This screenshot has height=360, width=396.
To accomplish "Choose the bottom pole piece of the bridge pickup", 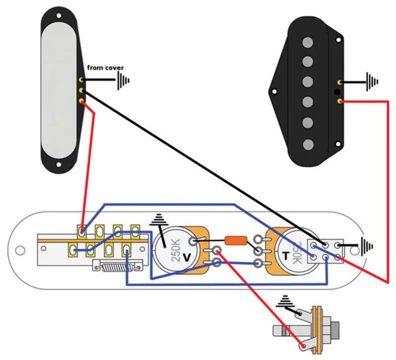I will pos(308,144).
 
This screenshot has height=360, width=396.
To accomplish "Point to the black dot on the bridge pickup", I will pos(337,92).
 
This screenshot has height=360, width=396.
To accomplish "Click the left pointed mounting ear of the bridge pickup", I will pos(272,92).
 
